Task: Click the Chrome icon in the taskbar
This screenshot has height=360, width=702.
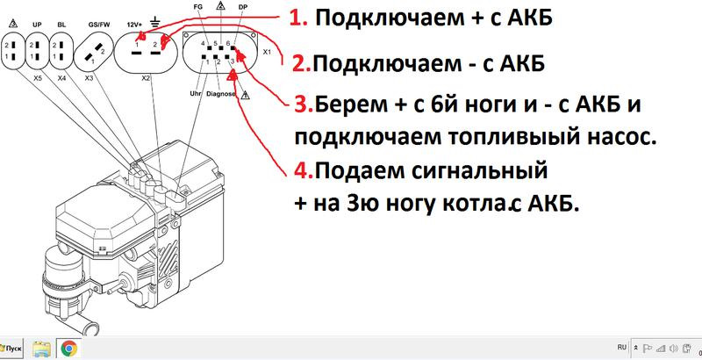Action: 68,348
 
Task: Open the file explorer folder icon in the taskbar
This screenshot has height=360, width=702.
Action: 42,349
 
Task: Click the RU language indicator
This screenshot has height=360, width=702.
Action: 622,347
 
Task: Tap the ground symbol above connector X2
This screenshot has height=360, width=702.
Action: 156,20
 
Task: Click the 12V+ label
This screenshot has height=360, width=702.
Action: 134,25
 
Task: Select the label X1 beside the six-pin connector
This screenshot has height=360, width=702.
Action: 267,52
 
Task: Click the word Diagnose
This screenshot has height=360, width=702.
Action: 221,94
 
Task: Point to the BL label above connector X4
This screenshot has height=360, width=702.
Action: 61,25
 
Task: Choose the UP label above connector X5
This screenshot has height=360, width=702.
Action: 38,25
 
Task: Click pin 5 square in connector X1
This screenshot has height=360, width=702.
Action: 221,47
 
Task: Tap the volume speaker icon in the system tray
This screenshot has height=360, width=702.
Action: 673,349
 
